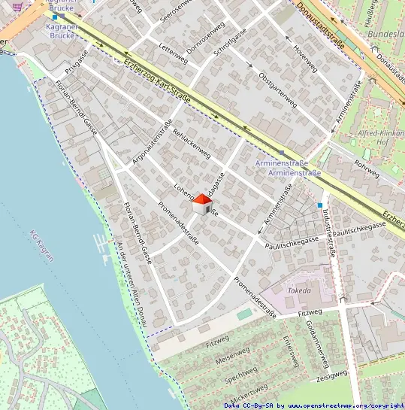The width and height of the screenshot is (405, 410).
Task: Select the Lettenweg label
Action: pyautogui.click(x=174, y=53)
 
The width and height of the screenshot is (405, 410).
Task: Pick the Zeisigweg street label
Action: pyautogui.click(x=331, y=375)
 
